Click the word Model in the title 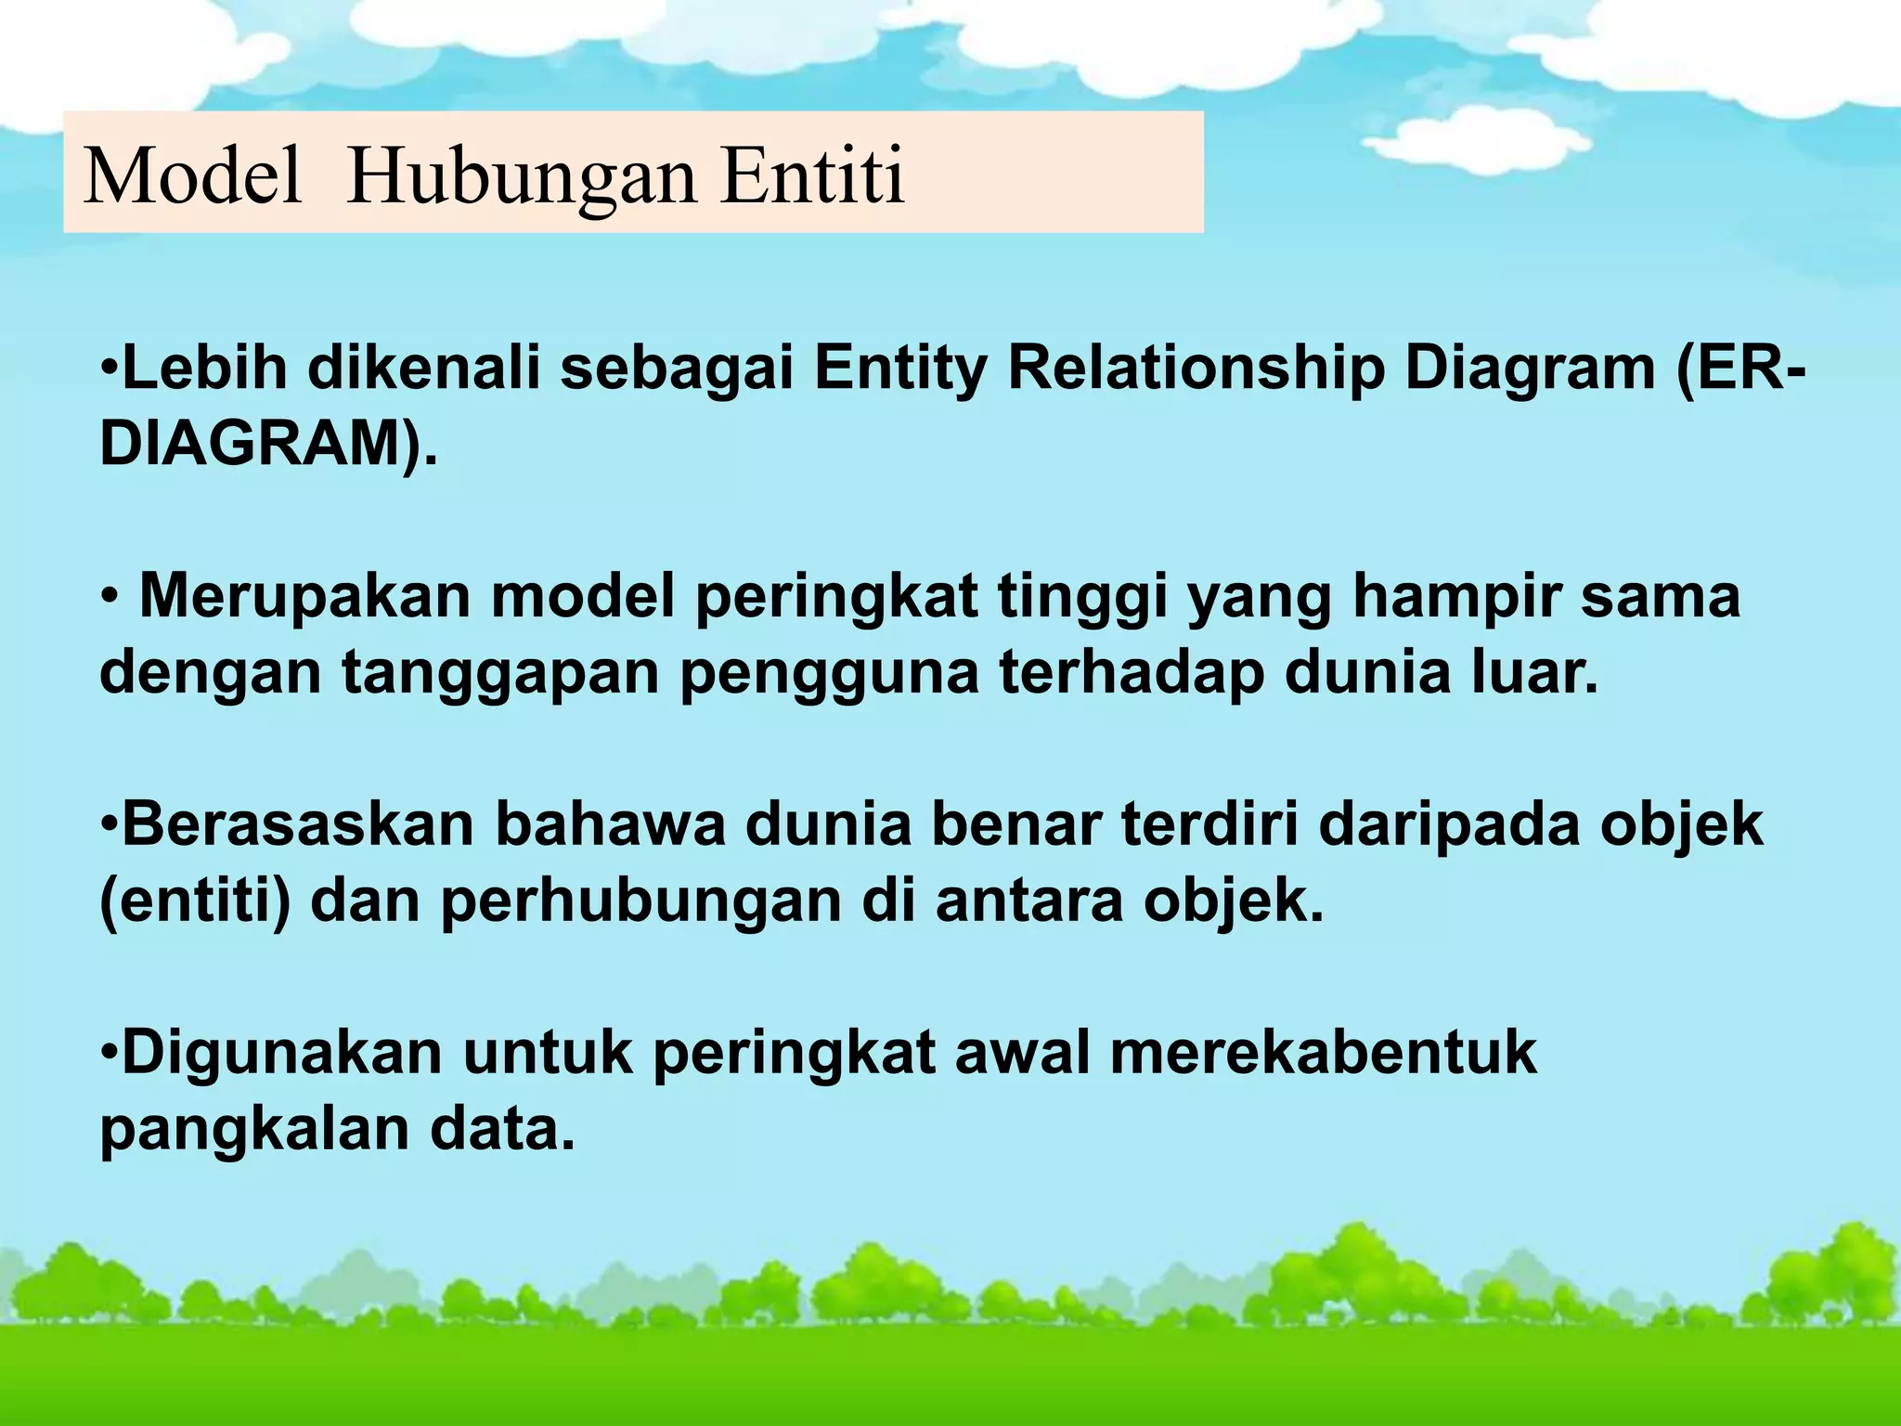coord(193,176)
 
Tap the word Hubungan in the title coord(521,176)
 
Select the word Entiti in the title coord(812,176)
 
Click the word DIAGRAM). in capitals coord(268,444)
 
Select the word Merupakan coord(305,596)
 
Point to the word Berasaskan coord(297,824)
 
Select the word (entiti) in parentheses coord(195,901)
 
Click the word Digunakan coord(282,1053)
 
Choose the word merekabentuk coord(1323,1053)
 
